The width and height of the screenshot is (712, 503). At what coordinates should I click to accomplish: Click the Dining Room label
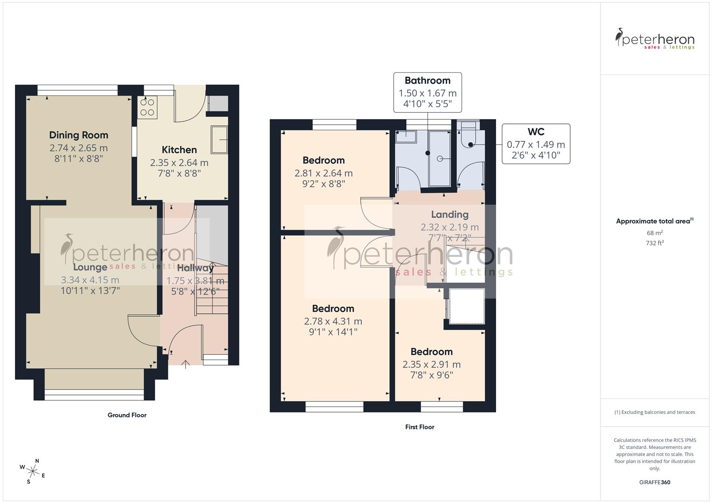[x=78, y=135]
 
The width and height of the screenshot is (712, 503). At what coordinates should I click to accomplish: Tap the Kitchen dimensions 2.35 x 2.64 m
[x=179, y=163]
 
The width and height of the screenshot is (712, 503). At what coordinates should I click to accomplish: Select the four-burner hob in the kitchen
[x=148, y=108]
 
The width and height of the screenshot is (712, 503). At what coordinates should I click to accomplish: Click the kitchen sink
[x=219, y=139]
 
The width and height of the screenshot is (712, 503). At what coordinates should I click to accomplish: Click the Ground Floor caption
[x=127, y=415]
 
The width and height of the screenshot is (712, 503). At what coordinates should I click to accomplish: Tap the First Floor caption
[x=419, y=427]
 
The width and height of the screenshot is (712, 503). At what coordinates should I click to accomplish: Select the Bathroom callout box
[x=427, y=92]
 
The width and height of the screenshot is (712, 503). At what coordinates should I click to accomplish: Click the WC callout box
[x=536, y=143]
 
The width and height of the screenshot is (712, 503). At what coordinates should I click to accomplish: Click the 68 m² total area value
[x=655, y=233]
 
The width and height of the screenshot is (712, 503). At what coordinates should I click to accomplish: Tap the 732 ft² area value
[x=655, y=243]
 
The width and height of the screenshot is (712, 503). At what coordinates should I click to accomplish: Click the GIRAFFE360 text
[x=655, y=482]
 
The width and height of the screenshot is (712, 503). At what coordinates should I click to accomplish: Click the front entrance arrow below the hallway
[x=186, y=364]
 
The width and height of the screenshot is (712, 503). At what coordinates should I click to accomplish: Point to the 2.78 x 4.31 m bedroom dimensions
[x=333, y=321]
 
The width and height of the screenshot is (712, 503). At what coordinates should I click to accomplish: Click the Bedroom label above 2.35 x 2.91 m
[x=431, y=352]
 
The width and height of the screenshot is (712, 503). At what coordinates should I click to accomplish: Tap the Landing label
[x=449, y=214]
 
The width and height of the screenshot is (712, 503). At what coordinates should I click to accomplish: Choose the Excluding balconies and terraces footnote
[x=655, y=412]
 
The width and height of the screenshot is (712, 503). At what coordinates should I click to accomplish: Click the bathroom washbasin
[x=406, y=136]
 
